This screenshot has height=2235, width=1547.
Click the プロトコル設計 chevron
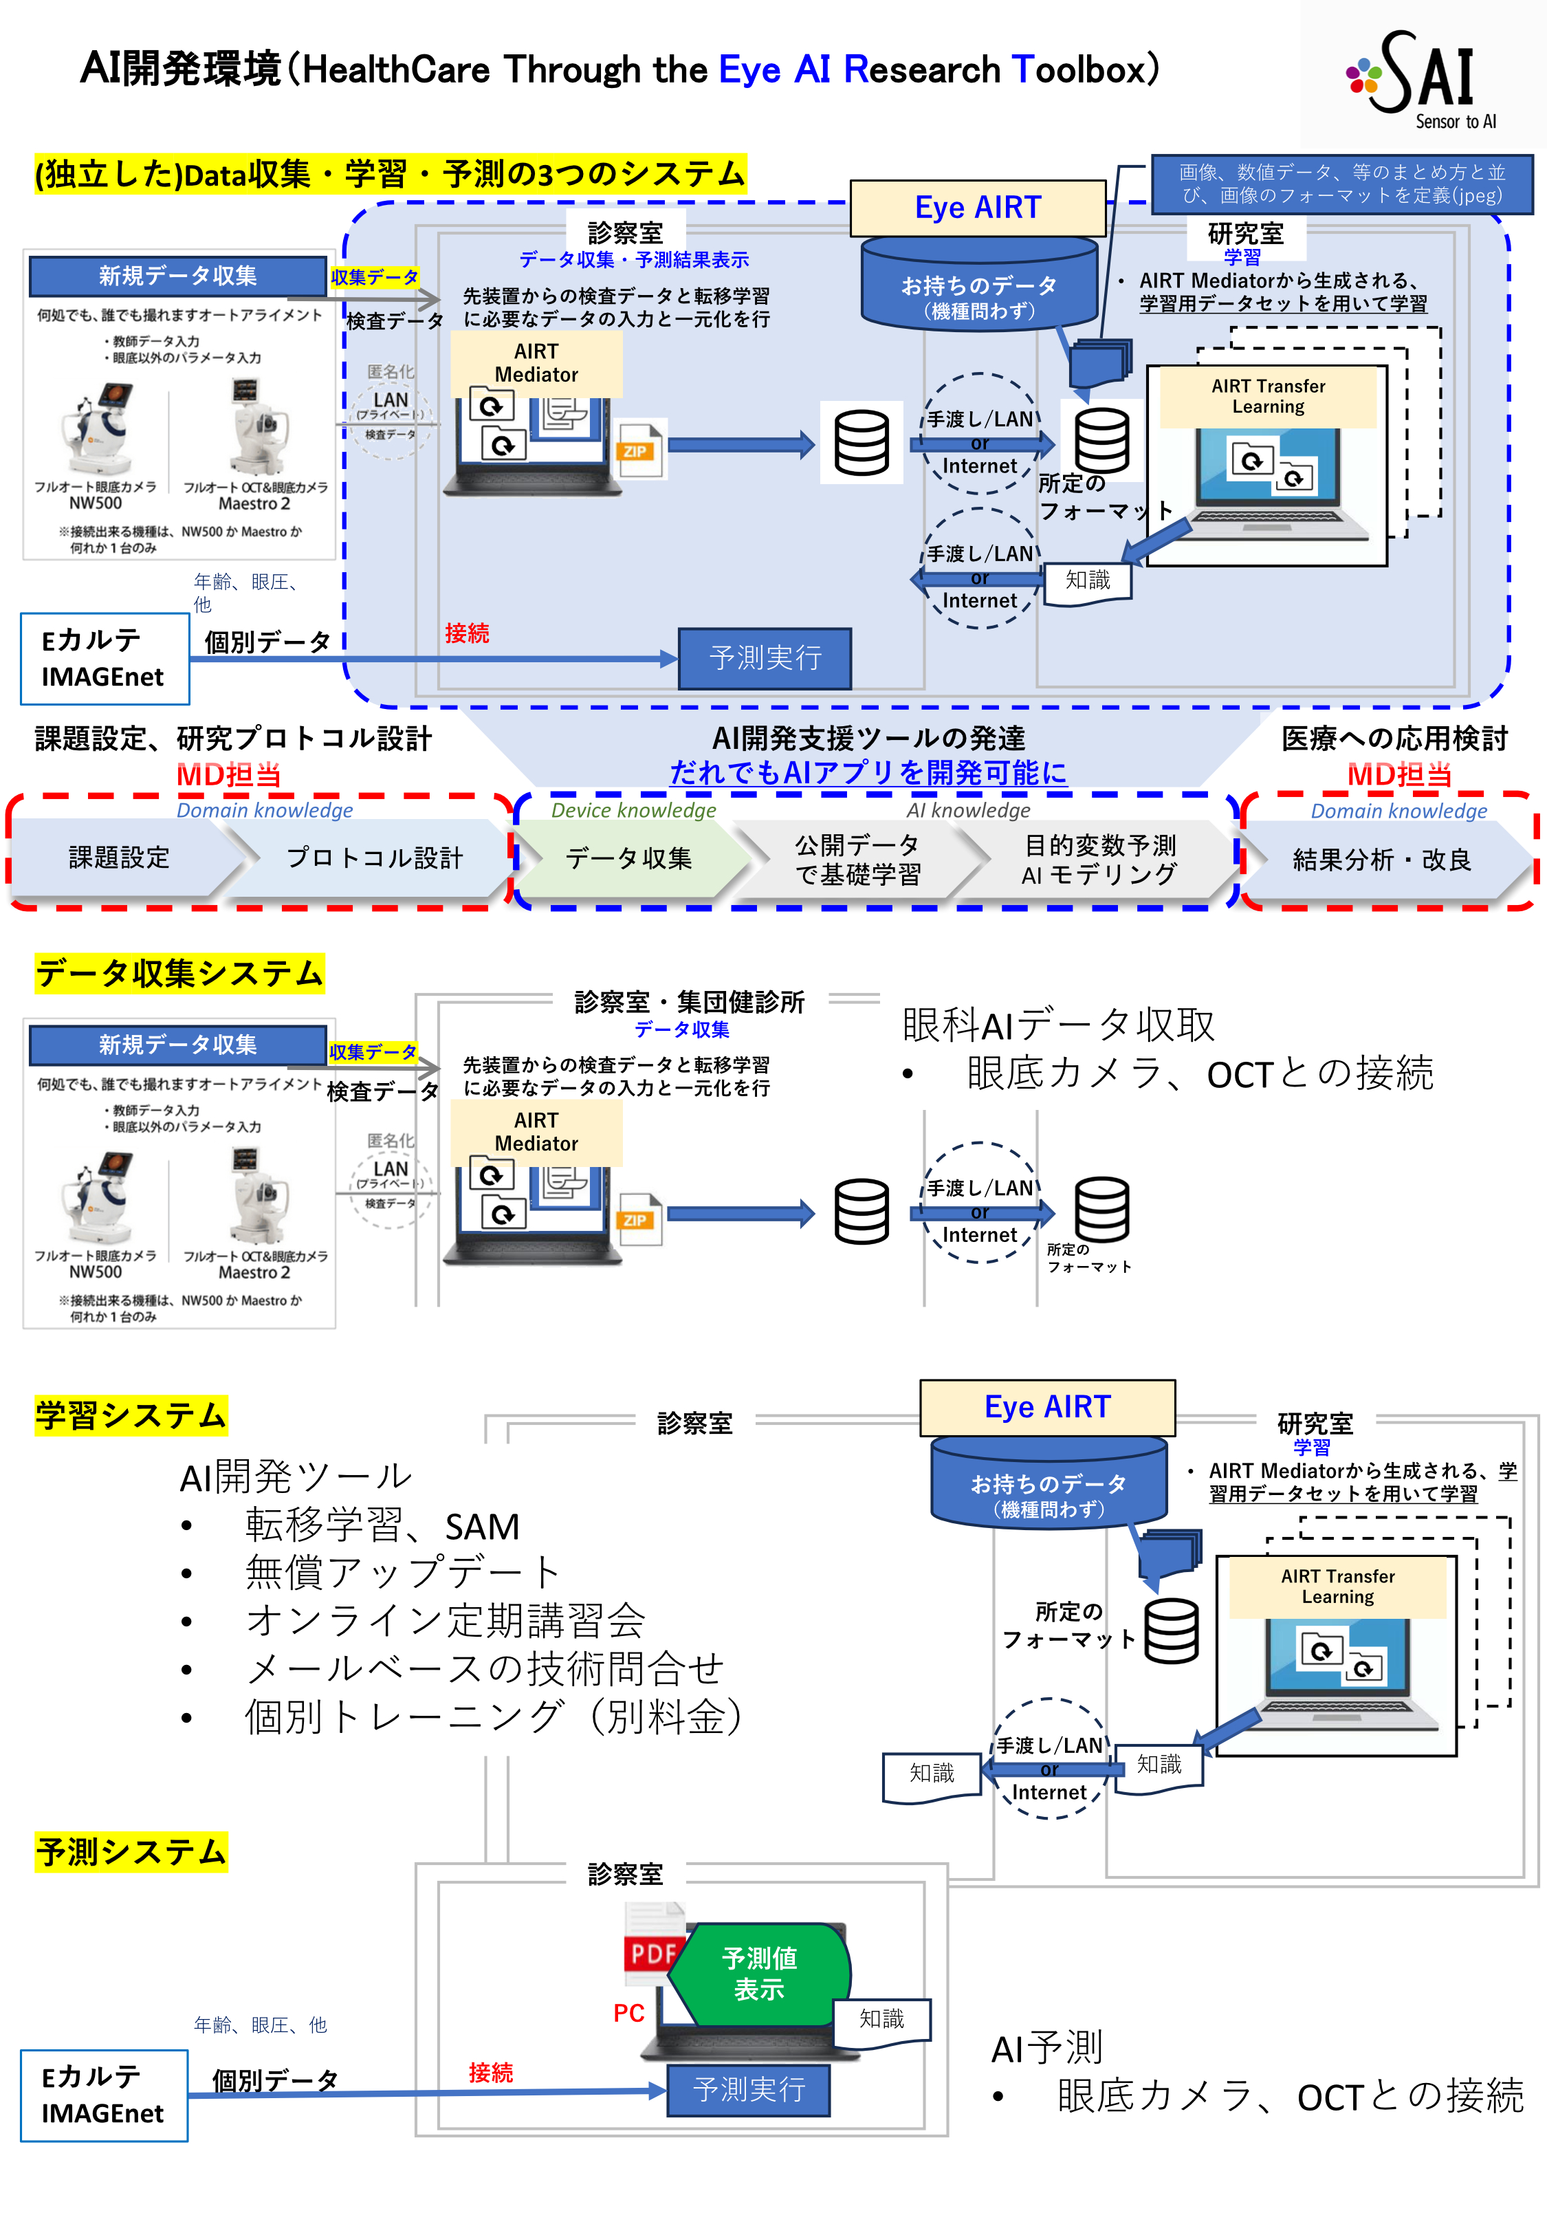tap(374, 858)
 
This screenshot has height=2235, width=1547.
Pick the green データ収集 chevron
tap(628, 858)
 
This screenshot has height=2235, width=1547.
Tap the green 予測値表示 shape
tap(759, 1973)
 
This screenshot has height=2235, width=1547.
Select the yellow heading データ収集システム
tap(179, 973)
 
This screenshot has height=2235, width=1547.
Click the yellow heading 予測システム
tap(131, 1851)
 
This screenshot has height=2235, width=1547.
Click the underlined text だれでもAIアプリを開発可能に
tap(868, 772)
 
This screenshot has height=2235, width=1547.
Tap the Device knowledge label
tap(633, 810)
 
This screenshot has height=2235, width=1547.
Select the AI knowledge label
tap(967, 810)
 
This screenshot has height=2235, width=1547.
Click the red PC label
tap(628, 2013)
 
